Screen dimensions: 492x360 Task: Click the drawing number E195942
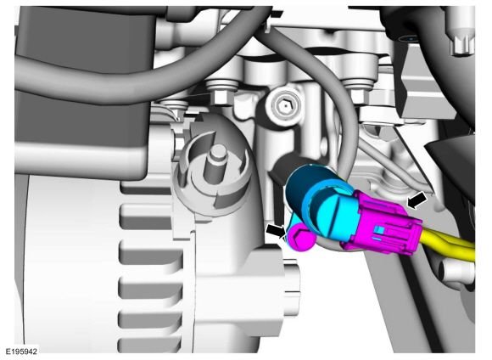(21, 352)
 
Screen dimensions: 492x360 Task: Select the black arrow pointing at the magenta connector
(417, 200)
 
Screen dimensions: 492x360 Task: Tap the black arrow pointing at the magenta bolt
(277, 232)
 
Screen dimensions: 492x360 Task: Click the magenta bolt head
(301, 239)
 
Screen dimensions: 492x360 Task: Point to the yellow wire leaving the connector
(449, 243)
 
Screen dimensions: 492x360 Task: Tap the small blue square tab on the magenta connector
(380, 231)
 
